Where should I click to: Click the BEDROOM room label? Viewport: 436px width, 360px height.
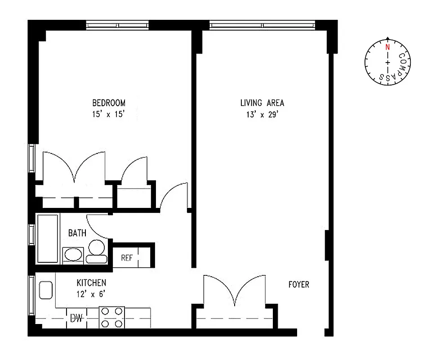[x=109, y=103]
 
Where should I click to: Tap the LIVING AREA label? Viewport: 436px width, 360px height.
[x=262, y=103]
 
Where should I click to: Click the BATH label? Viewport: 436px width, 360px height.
[x=77, y=233]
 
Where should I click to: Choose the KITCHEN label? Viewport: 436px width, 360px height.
[x=91, y=283]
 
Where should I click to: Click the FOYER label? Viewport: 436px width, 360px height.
[x=299, y=285]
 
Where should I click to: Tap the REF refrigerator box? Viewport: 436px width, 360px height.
[x=126, y=258]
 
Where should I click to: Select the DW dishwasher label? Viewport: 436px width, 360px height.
[x=76, y=319]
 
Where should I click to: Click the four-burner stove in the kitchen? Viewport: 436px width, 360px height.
[x=112, y=317]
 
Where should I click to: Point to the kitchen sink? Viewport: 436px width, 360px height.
[x=46, y=290]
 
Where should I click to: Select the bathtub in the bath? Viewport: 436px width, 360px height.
[x=48, y=239]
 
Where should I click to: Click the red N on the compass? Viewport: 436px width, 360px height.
[x=387, y=46]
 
